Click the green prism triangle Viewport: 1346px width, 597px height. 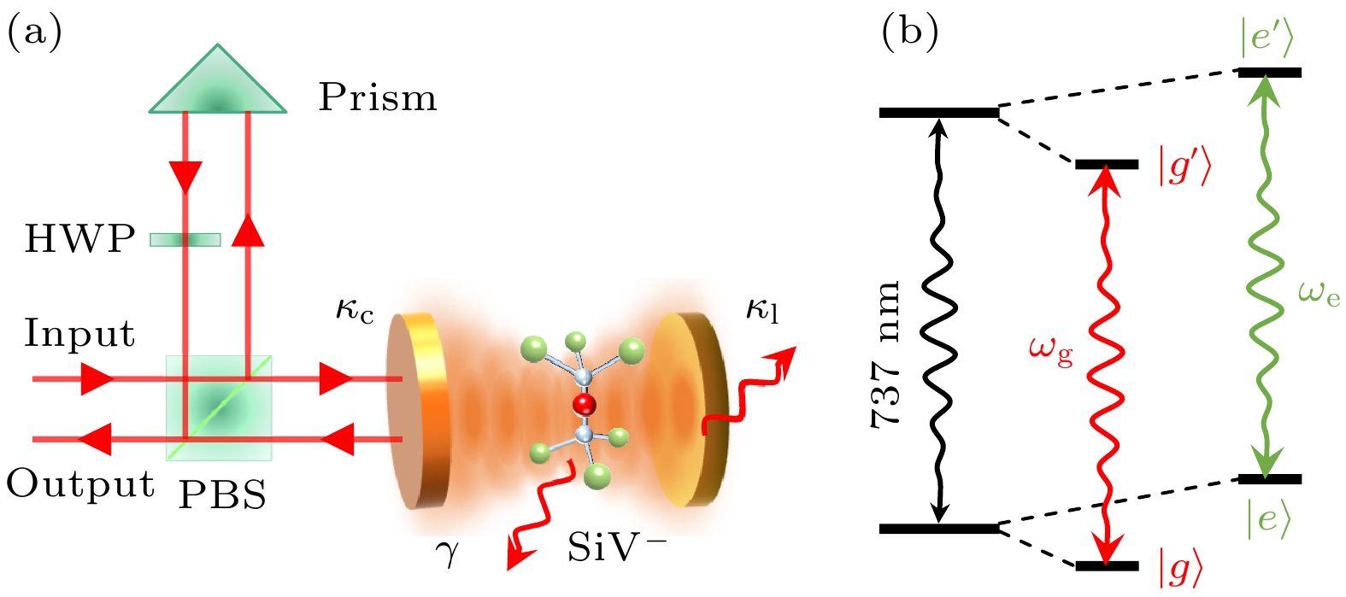click(x=218, y=85)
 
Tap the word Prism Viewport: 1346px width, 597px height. click(x=378, y=98)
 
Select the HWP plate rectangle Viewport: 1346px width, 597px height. click(x=185, y=240)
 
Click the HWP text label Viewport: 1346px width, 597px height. click(x=79, y=240)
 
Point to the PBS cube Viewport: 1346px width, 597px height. click(x=219, y=407)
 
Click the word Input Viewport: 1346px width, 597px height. click(x=79, y=333)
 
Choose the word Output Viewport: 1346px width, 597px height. click(x=80, y=484)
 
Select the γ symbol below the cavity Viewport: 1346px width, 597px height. click(x=447, y=554)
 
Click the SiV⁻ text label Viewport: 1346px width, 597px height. click(x=616, y=547)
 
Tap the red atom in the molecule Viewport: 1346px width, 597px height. click(x=584, y=405)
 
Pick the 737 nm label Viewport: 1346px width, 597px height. click(x=886, y=354)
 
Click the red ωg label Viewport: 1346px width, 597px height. click(x=1051, y=351)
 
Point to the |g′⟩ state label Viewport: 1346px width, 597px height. click(x=1184, y=167)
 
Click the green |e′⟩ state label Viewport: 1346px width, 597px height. click(x=1268, y=38)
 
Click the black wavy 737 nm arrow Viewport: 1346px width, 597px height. click(x=940, y=320)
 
